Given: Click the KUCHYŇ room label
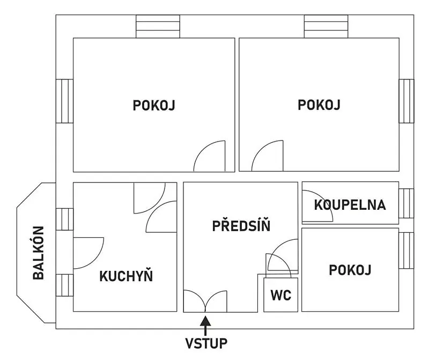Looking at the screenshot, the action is pyautogui.click(x=126, y=276).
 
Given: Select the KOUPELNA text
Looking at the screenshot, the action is pyautogui.click(x=350, y=205).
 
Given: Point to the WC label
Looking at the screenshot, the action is pyautogui.click(x=281, y=295).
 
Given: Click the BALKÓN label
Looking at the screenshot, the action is pyautogui.click(x=39, y=253).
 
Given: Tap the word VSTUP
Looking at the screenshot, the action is pyautogui.click(x=206, y=343).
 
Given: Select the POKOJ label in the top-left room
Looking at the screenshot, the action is pyautogui.click(x=154, y=105).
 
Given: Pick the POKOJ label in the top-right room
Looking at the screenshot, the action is pyautogui.click(x=319, y=105).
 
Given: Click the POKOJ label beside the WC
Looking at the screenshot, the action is pyautogui.click(x=350, y=270).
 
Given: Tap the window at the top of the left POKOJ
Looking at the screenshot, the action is pyautogui.click(x=158, y=26).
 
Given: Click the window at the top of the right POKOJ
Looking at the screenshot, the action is pyautogui.click(x=326, y=26).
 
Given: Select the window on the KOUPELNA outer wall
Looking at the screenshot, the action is pyautogui.click(x=406, y=203).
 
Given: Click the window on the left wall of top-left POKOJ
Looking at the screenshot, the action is pyautogui.click(x=64, y=101).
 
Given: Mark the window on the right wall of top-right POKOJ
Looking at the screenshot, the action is pyautogui.click(x=406, y=101).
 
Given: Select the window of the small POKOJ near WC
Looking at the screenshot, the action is pyautogui.click(x=406, y=251).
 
